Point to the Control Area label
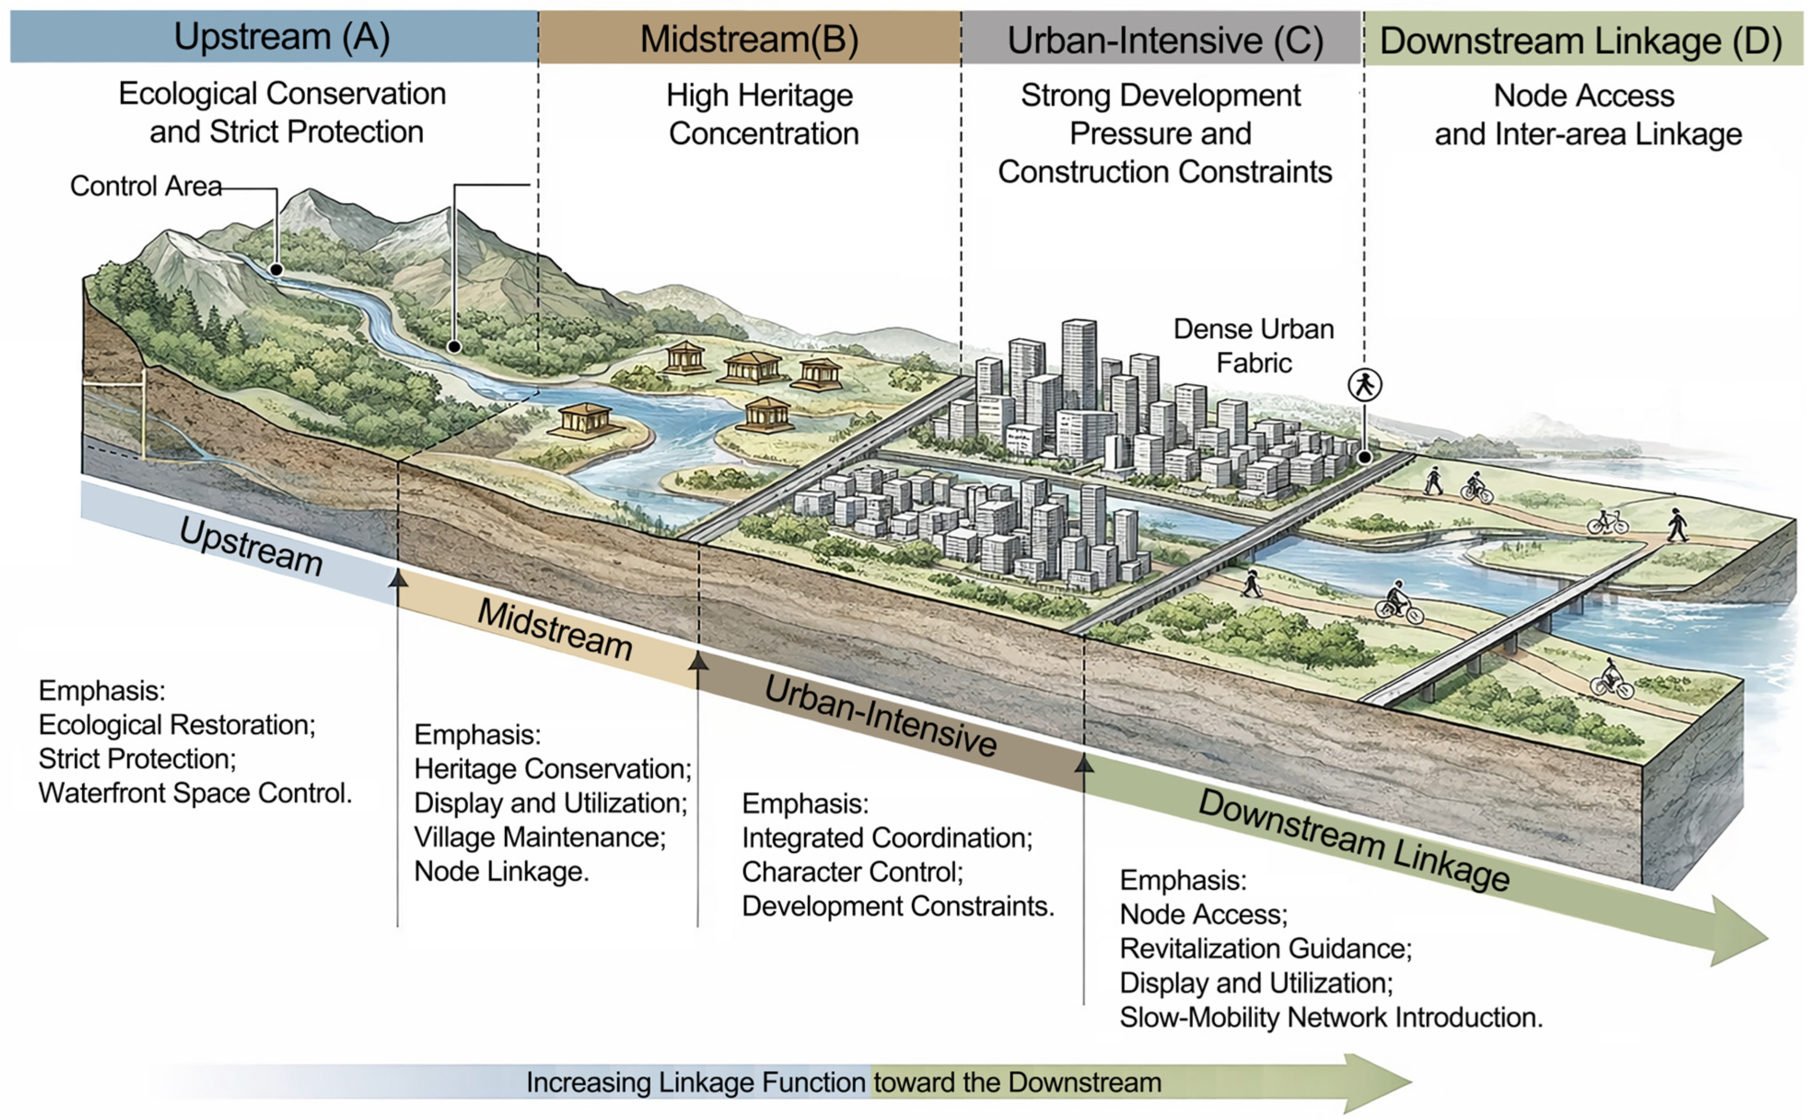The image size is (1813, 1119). click(146, 186)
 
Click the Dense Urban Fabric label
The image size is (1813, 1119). click(1253, 346)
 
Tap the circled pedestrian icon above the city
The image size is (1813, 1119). click(1364, 385)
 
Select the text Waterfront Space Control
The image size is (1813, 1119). click(195, 793)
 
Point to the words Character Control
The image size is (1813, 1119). click(852, 873)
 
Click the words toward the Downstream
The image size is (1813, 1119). click(1017, 1083)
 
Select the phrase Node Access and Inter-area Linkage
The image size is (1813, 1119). click(1587, 115)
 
